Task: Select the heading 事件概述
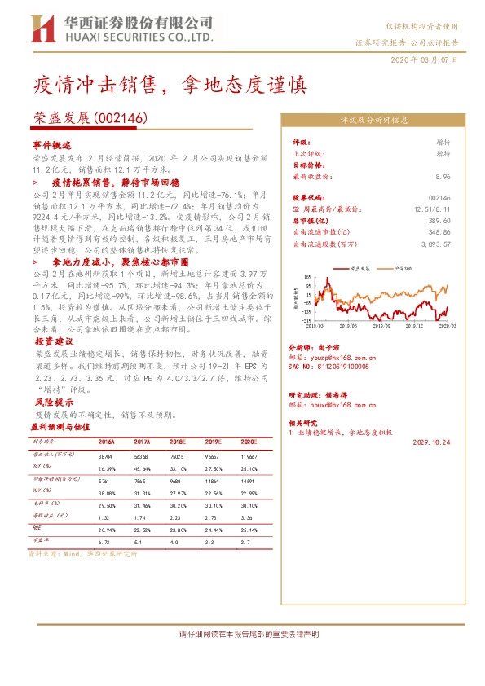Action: [51, 144]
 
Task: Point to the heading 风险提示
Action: [51, 402]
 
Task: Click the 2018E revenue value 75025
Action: [178, 457]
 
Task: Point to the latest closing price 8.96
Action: [443, 177]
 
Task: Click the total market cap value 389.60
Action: [439, 221]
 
